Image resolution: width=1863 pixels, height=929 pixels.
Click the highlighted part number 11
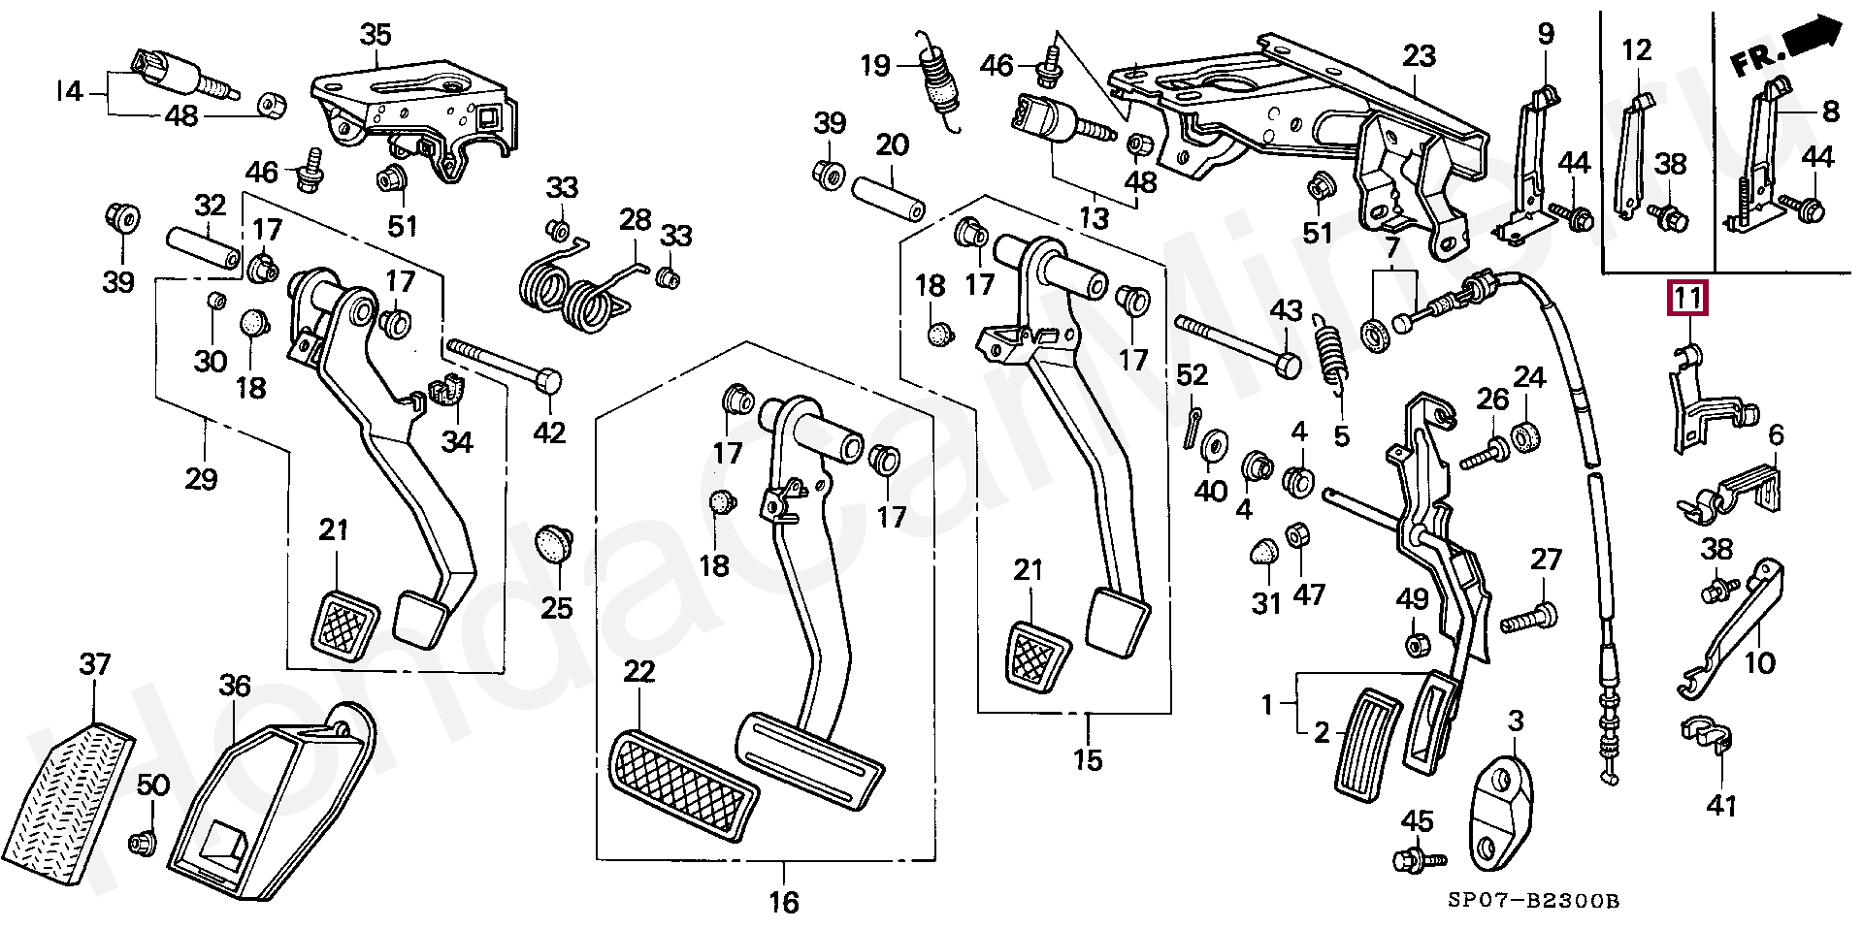[x=1687, y=299]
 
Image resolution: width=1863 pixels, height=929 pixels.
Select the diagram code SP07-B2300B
[x=1534, y=902]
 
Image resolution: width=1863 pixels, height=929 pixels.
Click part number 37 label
[x=94, y=665]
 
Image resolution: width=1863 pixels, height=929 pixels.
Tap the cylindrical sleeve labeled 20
[x=887, y=199]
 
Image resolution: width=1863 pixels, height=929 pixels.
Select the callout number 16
[x=783, y=902]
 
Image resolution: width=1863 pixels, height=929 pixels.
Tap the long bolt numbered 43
[x=1238, y=344]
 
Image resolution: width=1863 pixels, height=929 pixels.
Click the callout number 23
[x=1418, y=56]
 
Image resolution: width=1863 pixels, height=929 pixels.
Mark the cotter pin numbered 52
[x=1192, y=423]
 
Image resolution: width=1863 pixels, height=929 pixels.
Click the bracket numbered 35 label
[x=376, y=36]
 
